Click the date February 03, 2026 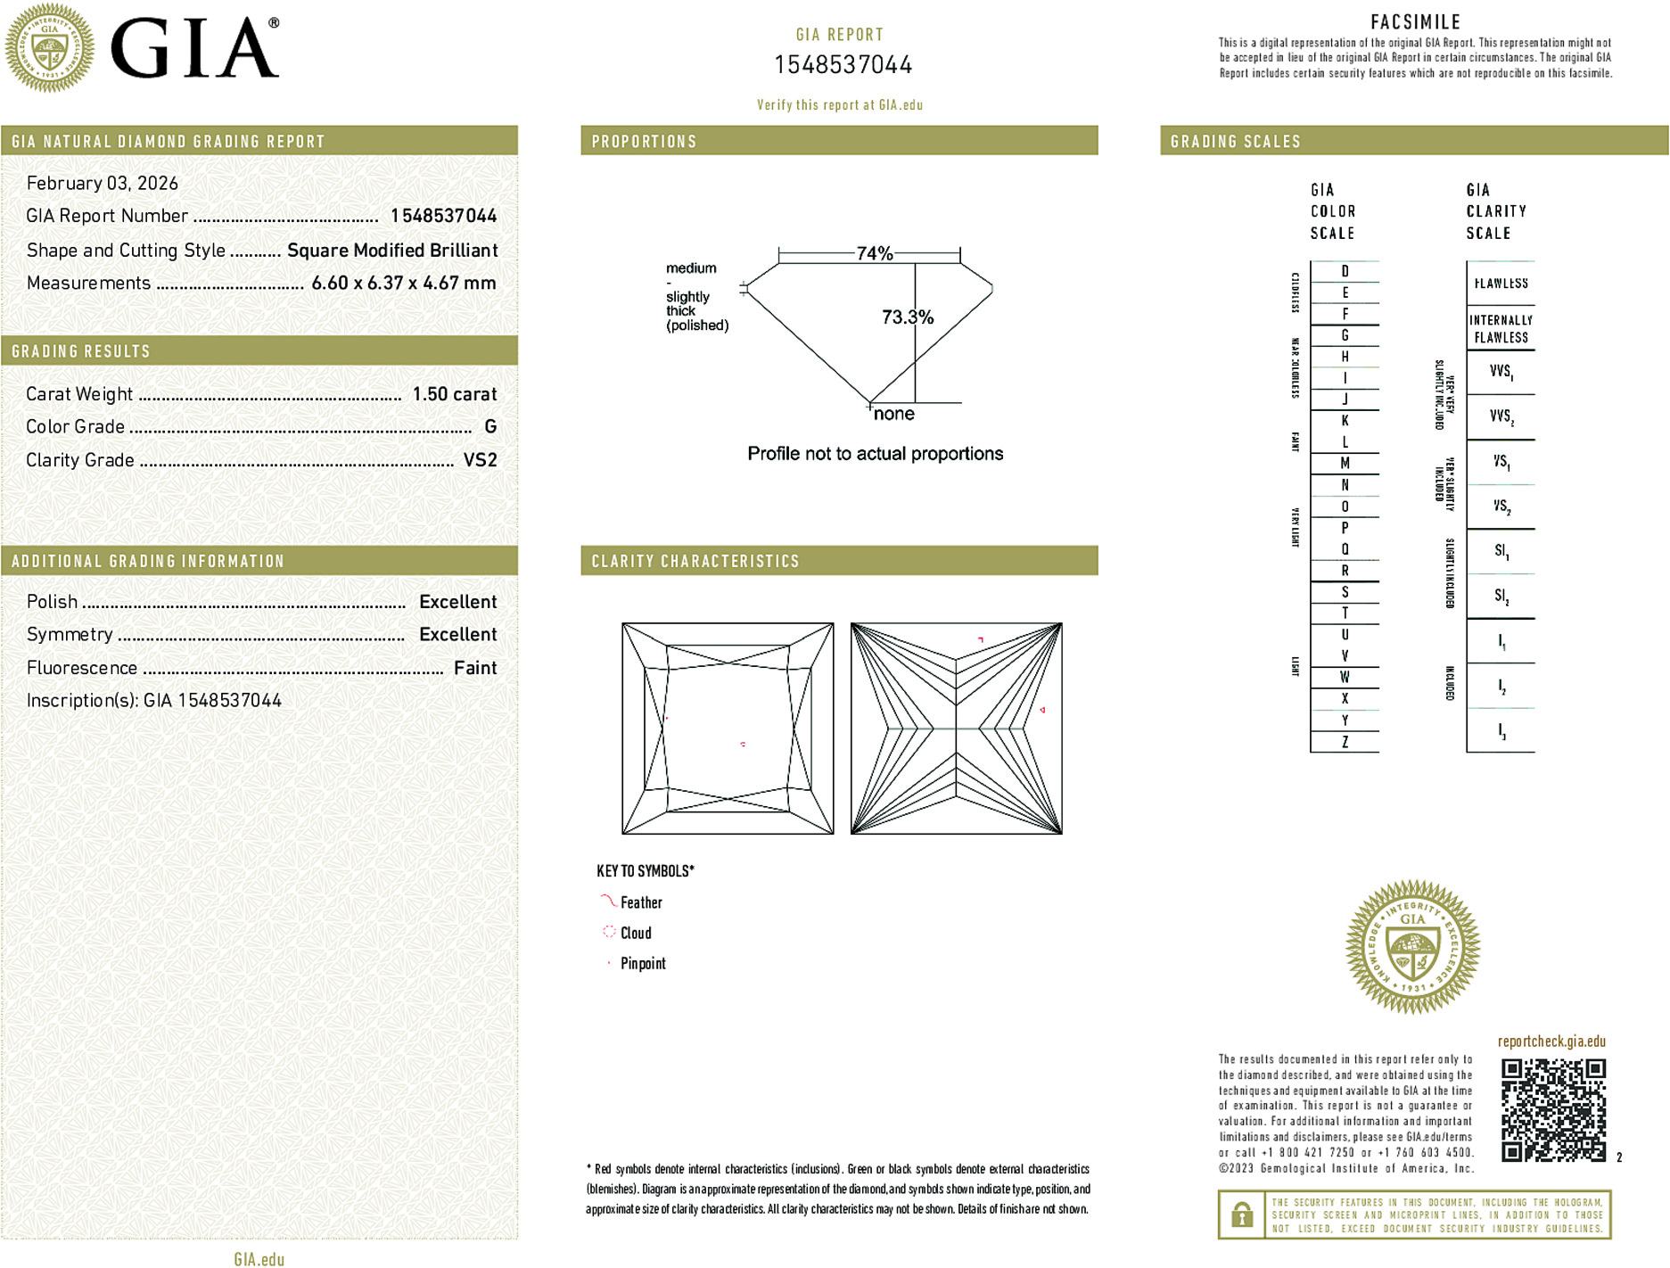point(103,183)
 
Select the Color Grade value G point(490,427)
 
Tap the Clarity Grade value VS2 point(480,460)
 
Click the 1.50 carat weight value point(454,394)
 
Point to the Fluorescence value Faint point(474,668)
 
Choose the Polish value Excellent point(457,602)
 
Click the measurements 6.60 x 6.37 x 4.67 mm point(403,284)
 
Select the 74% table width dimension point(874,253)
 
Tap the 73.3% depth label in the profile point(907,317)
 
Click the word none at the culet point(893,414)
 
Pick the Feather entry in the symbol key point(640,902)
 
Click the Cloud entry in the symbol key point(635,933)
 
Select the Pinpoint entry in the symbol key point(642,963)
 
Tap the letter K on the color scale point(1345,421)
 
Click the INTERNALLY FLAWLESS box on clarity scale point(1501,329)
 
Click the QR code point(1552,1109)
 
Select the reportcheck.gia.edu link point(1551,1042)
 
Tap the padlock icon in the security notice point(1241,1214)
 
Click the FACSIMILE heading point(1415,22)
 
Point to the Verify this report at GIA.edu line point(839,105)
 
